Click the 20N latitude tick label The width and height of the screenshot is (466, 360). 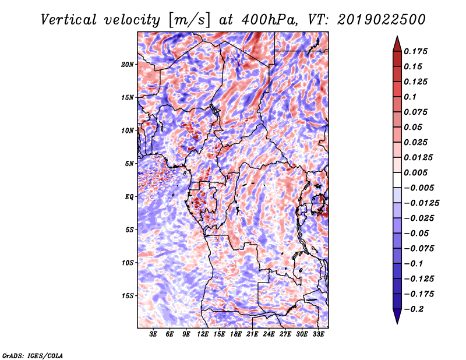click(x=127, y=65)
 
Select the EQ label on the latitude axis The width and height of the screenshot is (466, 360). click(x=129, y=197)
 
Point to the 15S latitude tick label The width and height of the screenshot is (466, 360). click(x=127, y=296)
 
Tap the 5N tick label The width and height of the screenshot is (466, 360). click(x=129, y=164)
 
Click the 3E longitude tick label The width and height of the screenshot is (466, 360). click(x=153, y=334)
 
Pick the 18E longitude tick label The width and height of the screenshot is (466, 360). click(x=236, y=334)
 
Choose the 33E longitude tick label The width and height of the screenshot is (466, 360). click(x=318, y=334)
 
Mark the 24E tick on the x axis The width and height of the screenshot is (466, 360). click(x=269, y=334)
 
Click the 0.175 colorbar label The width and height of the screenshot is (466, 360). click(x=415, y=51)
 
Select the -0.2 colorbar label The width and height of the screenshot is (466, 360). click(x=414, y=309)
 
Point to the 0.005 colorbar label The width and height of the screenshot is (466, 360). click(x=415, y=172)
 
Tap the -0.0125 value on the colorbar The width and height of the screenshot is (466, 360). click(x=421, y=203)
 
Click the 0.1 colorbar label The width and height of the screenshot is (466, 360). click(x=410, y=97)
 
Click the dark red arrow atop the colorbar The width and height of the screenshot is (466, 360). click(x=397, y=44)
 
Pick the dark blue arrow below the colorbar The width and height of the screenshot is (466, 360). click(x=397, y=316)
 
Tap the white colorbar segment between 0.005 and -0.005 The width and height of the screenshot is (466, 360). click(x=397, y=180)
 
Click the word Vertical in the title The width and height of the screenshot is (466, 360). click(x=69, y=20)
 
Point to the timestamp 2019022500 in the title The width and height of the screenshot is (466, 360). click(x=382, y=20)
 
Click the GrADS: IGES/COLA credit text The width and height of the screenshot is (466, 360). click(x=33, y=355)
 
